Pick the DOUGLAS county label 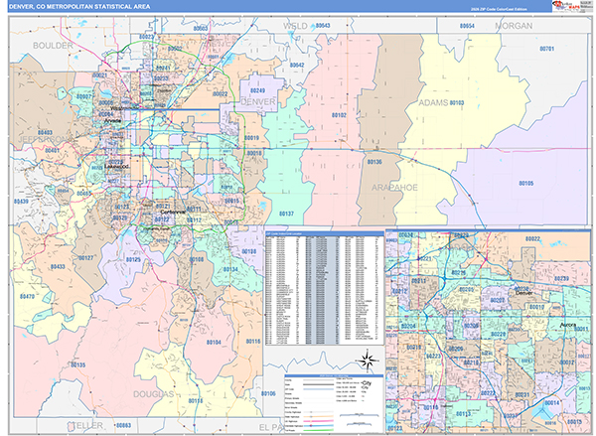tap(150, 394)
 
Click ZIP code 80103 tap(456, 102)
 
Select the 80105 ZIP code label tap(525, 184)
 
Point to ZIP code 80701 tap(546, 48)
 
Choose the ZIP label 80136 tap(372, 161)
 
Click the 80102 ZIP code tap(338, 115)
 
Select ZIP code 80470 tap(26, 296)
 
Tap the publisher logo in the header tap(568, 9)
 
